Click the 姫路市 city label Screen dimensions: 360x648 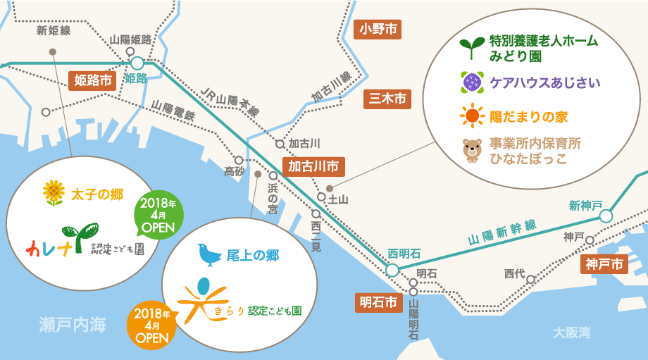pyautogui.click(x=94, y=80)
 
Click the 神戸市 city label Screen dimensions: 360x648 pyautogui.click(x=604, y=265)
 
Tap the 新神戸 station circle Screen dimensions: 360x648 pyautogui.click(x=606, y=216)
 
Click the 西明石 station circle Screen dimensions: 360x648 pyautogui.click(x=392, y=270)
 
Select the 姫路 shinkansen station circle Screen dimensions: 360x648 pyautogui.click(x=137, y=63)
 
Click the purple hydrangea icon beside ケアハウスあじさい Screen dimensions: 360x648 pyautogui.click(x=471, y=82)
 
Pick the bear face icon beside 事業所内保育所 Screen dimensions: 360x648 pyautogui.click(x=471, y=151)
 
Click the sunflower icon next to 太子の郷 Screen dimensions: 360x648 pyautogui.click(x=54, y=192)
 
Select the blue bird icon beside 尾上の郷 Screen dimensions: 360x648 pyautogui.click(x=209, y=254)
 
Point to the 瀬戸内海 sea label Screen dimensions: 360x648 pyautogui.click(x=72, y=325)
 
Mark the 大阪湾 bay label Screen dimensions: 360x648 pyautogui.click(x=571, y=332)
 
